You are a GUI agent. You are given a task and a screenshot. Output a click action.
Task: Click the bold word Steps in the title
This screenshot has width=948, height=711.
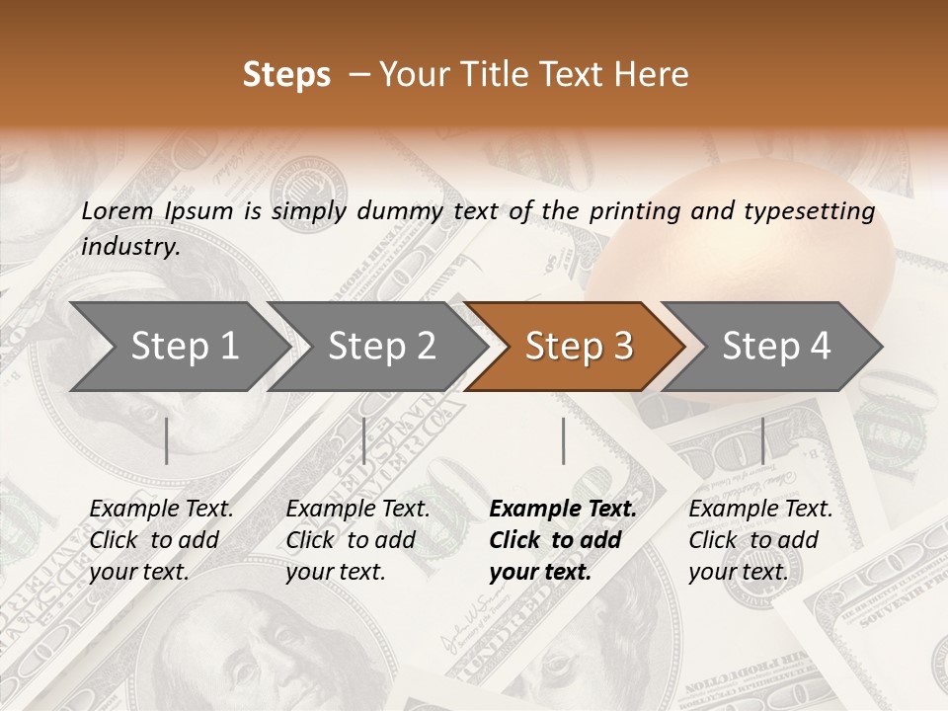coord(286,75)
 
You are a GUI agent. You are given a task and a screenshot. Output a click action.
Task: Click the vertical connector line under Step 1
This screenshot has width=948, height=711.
coord(167,440)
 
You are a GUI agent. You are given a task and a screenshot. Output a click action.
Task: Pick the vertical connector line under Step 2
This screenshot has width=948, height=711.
coord(364,440)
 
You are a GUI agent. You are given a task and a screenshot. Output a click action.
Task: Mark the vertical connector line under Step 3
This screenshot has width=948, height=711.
coord(563,440)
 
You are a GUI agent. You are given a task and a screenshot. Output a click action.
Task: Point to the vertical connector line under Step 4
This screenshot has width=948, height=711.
coord(762,440)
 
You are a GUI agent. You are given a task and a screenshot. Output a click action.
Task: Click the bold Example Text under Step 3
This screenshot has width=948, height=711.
coord(563,510)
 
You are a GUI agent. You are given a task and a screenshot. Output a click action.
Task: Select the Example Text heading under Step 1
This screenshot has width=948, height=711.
coord(161,510)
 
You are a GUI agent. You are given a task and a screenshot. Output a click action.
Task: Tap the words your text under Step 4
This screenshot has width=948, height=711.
coord(738,572)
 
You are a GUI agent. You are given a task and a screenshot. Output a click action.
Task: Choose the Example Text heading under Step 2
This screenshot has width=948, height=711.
coord(357,510)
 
